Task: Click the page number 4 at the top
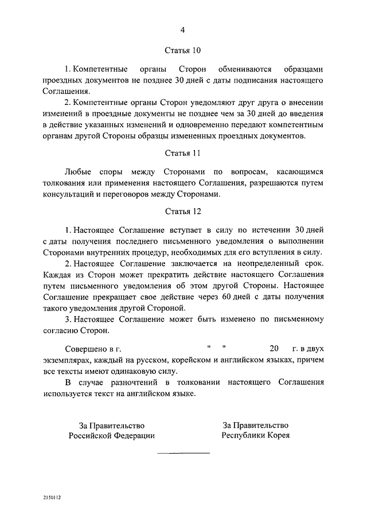(183, 30)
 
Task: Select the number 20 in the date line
(273, 348)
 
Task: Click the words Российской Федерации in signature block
(112, 435)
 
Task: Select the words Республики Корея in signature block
(256, 435)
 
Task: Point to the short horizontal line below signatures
(183, 452)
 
